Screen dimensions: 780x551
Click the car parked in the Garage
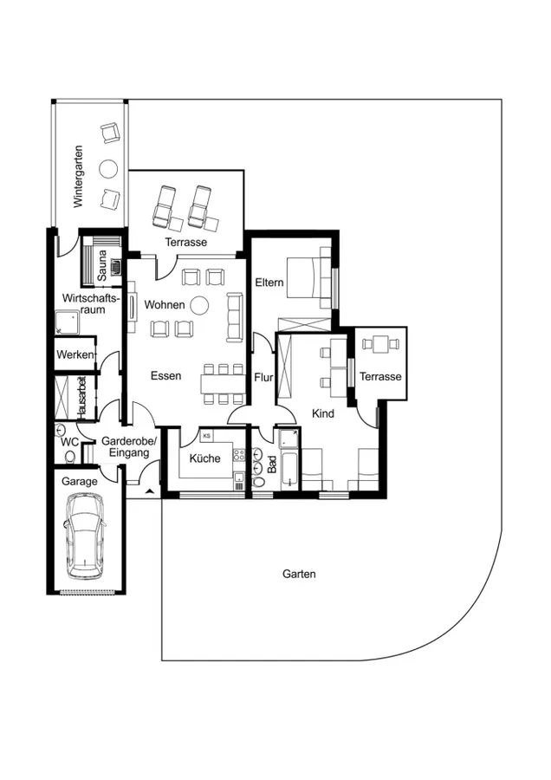coord(86,536)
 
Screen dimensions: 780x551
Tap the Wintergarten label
coord(79,177)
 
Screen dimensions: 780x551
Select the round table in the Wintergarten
coord(109,167)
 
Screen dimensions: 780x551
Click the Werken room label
coord(74,355)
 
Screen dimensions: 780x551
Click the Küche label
coord(205,458)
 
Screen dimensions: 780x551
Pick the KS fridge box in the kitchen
coord(206,436)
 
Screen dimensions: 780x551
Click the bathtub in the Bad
coord(288,459)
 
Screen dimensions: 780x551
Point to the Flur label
coord(264,377)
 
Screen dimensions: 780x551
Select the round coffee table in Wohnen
coord(199,304)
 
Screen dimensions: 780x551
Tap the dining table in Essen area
coord(223,382)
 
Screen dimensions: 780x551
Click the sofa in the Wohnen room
coord(235,316)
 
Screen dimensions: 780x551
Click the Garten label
coord(299,574)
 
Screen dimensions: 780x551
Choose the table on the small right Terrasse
coord(380,344)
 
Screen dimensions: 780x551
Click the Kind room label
coord(323,414)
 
